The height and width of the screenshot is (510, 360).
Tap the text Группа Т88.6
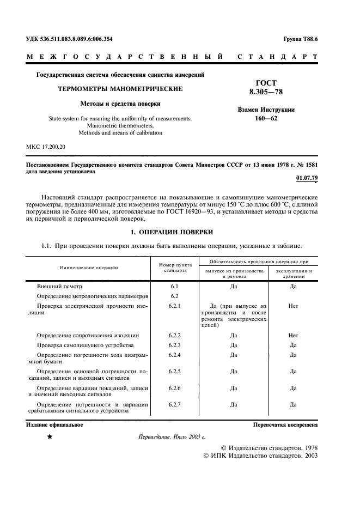[301, 39]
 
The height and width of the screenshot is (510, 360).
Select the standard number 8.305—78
[266, 92]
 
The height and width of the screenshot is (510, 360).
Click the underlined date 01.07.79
[307, 178]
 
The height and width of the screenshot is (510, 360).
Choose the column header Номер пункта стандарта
[175, 267]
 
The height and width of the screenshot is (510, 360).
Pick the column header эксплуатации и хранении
[293, 274]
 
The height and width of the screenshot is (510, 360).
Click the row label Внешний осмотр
[59, 286]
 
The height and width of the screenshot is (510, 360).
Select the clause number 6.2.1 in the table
[175, 306]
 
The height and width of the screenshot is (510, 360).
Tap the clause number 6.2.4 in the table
[175, 355]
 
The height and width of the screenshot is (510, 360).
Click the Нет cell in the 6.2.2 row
[293, 335]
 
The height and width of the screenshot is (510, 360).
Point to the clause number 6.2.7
[175, 404]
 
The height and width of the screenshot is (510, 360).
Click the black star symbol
[50, 437]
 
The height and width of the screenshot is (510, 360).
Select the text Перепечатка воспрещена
[285, 424]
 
